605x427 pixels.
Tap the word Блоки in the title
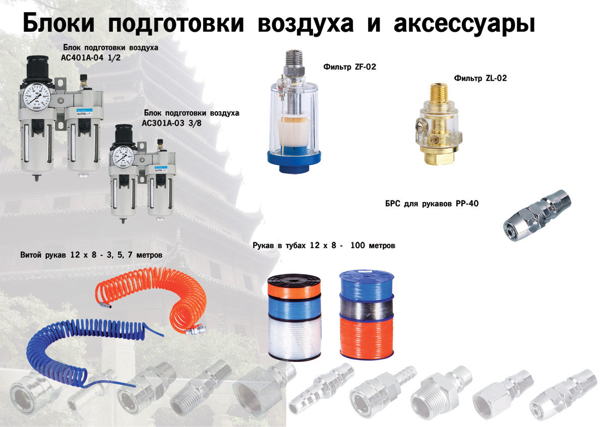pos(58,22)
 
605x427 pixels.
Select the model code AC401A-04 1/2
pos(91,58)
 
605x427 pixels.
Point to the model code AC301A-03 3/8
pos(171,123)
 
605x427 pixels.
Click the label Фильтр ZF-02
pos(349,66)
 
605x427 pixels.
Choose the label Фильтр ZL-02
pos(480,78)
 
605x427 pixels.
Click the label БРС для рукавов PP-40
pos(432,203)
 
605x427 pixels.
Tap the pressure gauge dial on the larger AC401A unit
pos(37,97)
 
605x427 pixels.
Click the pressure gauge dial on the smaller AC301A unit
pos(124,157)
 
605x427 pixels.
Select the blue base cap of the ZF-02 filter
pos(294,161)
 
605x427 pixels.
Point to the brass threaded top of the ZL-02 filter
pos(436,92)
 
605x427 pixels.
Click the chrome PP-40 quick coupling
pos(537,215)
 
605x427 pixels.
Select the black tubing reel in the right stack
pos(367,306)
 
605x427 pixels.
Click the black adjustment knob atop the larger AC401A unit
pos(37,68)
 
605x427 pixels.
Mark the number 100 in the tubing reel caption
pos(357,245)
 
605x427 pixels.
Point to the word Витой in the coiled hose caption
pos(31,255)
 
